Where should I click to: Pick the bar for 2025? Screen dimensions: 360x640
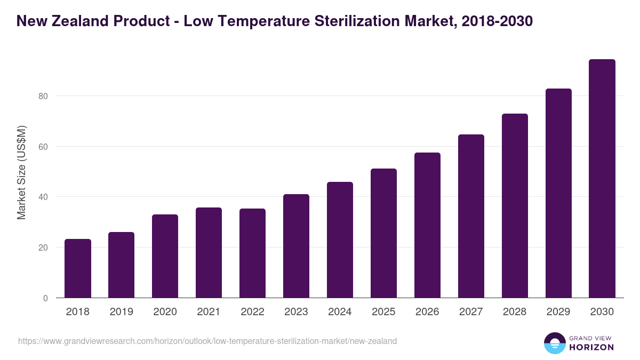[x=384, y=233]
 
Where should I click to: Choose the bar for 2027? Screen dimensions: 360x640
[x=471, y=216]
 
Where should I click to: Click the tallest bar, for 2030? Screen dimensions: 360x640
[x=602, y=179]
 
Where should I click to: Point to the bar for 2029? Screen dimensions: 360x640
[x=558, y=193]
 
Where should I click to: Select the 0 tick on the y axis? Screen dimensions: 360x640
[x=45, y=298]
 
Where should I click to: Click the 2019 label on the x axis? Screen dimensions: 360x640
[x=122, y=312]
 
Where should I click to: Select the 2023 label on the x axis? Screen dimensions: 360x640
[x=296, y=312]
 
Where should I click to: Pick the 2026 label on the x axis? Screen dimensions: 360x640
[x=427, y=312]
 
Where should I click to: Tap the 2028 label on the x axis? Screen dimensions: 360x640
[x=515, y=312]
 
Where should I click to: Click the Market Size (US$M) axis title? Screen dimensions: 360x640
[x=21, y=172]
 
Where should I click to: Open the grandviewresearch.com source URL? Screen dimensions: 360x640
[x=207, y=341]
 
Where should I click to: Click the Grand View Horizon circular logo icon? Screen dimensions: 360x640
[x=555, y=343]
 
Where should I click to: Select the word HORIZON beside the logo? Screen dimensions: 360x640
[x=591, y=347]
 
